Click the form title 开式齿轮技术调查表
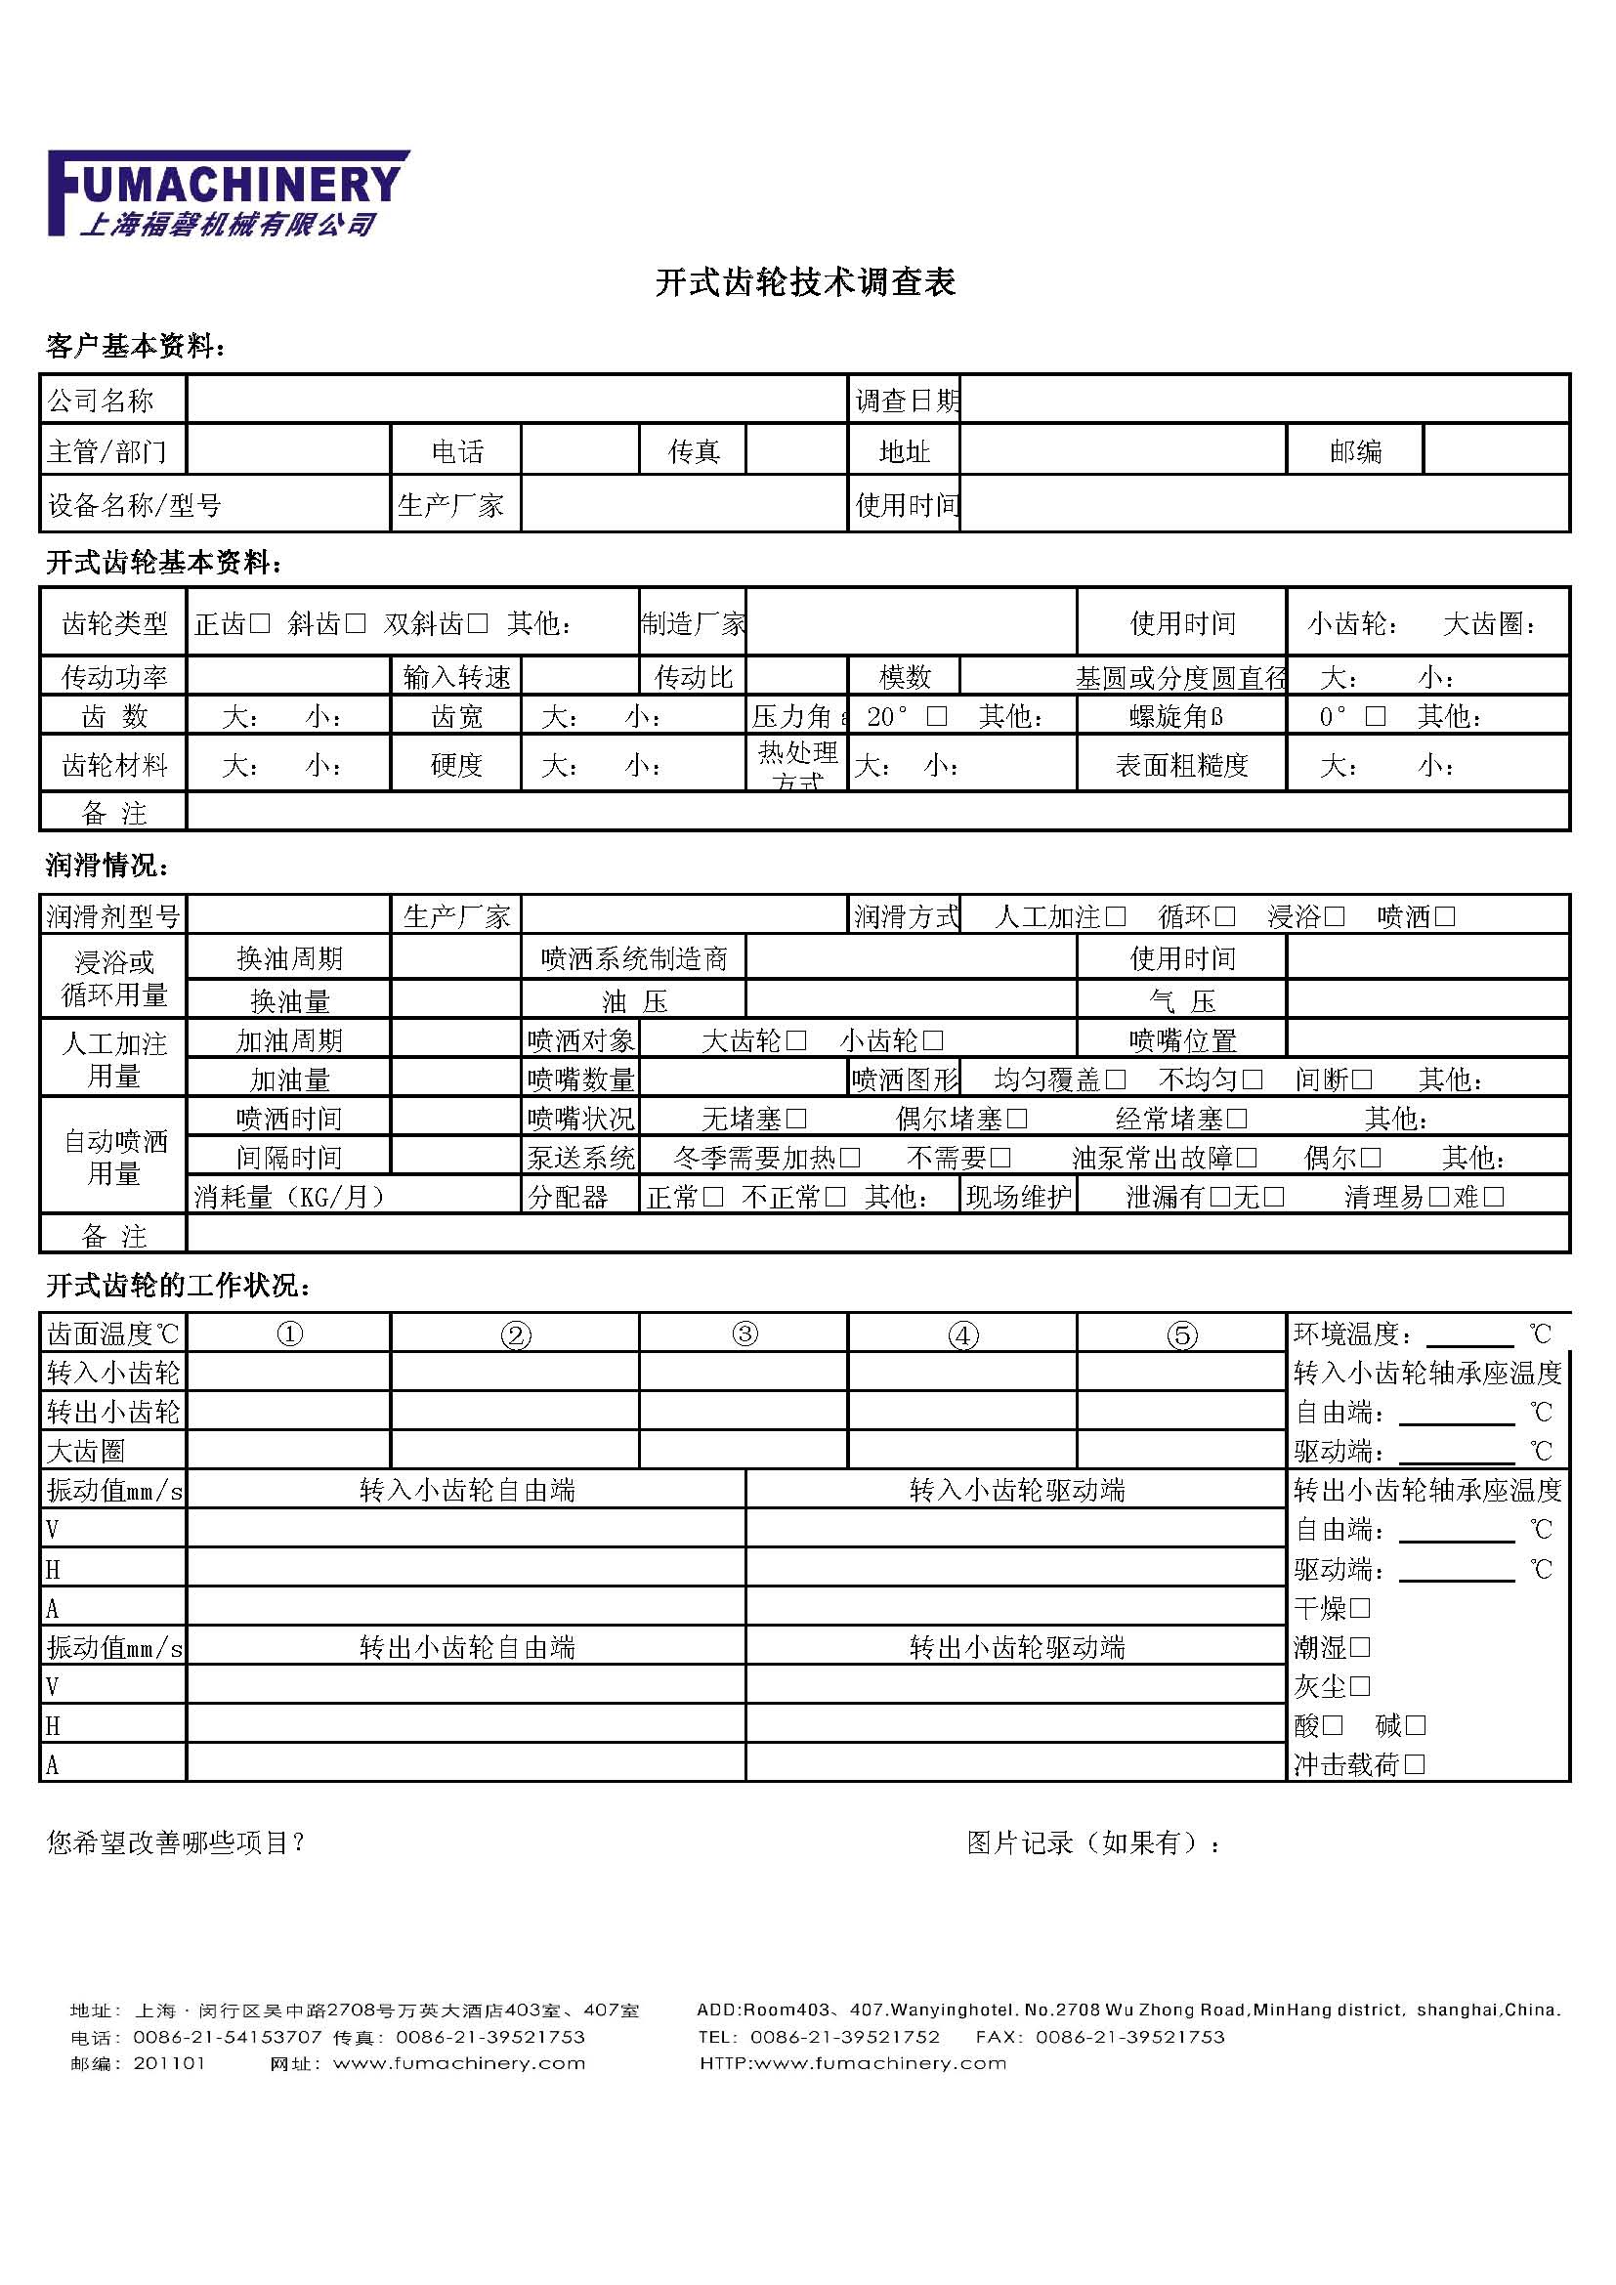tap(805, 282)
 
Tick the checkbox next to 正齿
tap(260, 624)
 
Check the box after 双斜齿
tap(478, 624)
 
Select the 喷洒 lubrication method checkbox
tap(1445, 916)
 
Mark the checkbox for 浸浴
tap(1335, 916)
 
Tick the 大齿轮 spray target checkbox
tap(796, 1041)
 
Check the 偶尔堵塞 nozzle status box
tap(1017, 1120)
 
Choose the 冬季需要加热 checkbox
tap(850, 1159)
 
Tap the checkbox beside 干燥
tap(1360, 1608)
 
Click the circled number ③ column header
tap(744, 1334)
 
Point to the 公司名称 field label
tap(101, 402)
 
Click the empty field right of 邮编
tap(1496, 452)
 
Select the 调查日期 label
tap(906, 402)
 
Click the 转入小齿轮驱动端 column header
tap(1016, 1491)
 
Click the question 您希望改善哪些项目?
tap(175, 1843)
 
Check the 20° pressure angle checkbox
tap(936, 716)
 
